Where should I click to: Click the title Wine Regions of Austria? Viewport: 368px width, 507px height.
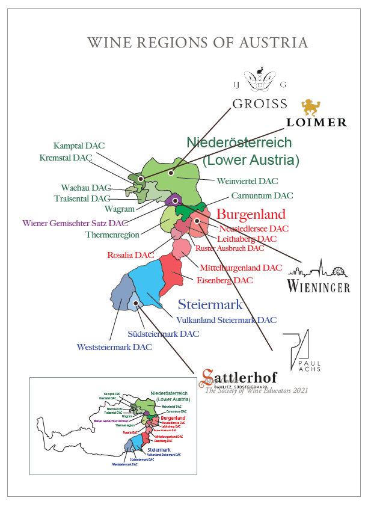[198, 43]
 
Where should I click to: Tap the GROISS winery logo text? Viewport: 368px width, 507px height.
[260, 103]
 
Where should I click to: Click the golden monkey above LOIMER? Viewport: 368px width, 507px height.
[311, 107]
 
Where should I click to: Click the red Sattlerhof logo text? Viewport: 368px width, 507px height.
[240, 376]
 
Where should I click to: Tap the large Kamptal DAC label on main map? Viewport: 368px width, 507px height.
[79, 146]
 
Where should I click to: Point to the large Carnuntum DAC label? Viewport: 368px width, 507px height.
[262, 196]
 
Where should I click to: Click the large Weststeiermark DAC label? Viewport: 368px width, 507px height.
[114, 347]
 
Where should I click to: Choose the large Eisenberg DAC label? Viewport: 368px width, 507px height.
[224, 280]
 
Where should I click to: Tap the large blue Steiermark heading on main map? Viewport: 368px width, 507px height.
[210, 304]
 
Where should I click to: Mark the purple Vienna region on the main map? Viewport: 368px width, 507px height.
[175, 200]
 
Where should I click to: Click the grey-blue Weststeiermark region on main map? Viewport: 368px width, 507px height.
[122, 292]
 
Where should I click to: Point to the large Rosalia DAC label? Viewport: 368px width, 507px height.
[130, 255]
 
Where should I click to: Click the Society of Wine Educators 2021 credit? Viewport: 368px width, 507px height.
[257, 390]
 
